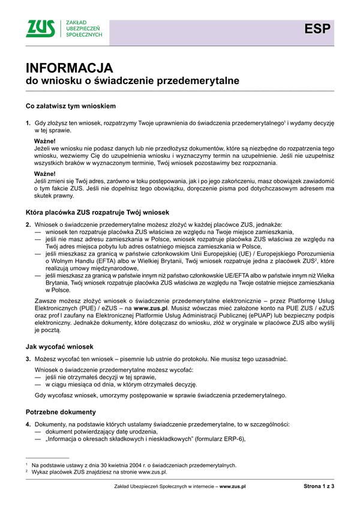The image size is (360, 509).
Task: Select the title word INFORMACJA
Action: click(x=67, y=67)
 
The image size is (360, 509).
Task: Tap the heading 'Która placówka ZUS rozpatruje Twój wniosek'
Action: click(x=97, y=212)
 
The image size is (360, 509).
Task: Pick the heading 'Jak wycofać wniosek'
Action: click(x=59, y=346)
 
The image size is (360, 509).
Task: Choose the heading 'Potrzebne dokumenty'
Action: click(x=61, y=412)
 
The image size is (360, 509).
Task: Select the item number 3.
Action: click(x=28, y=358)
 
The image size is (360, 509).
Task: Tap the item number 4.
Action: click(x=28, y=424)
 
